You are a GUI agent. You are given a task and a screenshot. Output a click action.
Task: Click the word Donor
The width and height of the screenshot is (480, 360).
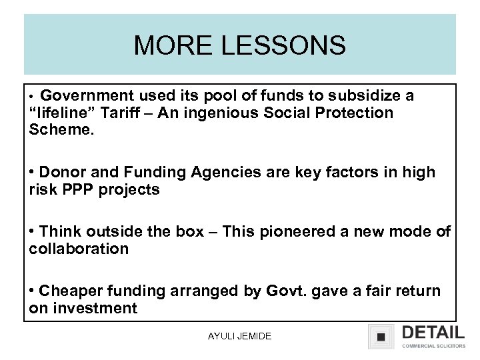coord(64,173)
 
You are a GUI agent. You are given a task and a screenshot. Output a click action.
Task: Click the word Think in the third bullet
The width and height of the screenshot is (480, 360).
coord(62,232)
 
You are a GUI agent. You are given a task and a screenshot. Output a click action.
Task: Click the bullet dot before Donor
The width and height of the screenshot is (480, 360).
coord(32,173)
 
